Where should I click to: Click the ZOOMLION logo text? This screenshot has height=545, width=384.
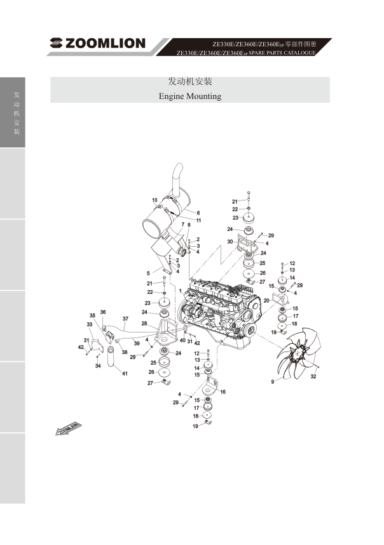point(105,43)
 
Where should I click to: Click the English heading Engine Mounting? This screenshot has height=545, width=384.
point(190,96)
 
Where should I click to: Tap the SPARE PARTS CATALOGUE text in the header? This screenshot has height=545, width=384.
point(282,53)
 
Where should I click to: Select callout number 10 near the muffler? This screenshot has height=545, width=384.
point(154,200)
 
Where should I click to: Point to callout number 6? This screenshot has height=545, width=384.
point(198,213)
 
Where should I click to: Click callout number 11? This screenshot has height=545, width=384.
point(198,220)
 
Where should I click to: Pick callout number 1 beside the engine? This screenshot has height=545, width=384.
point(181,290)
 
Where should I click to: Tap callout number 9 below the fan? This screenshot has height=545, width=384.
point(273,382)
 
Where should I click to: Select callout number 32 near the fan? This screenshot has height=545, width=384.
point(313,376)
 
